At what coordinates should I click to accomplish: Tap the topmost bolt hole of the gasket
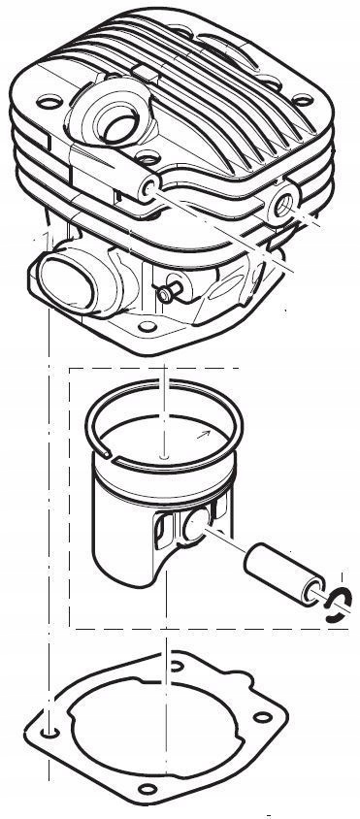point(176,665)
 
